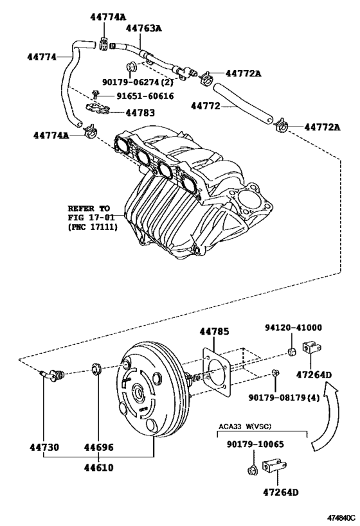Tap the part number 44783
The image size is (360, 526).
pyautogui.click(x=139, y=112)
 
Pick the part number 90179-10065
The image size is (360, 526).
pyautogui.click(x=255, y=444)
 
